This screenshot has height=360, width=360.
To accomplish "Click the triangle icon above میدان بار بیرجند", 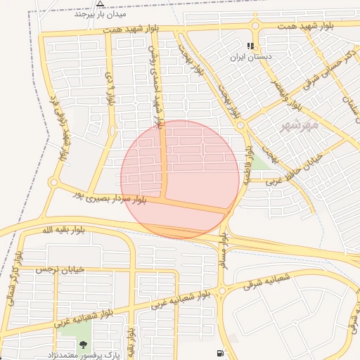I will tap(100, 4).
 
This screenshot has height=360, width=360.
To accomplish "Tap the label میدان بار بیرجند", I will tap(100, 14).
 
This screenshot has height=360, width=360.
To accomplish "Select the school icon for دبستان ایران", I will tap(251, 46).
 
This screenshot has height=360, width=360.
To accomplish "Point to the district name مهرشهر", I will tap(300, 125).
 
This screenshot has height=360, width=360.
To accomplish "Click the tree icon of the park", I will tap(84, 345).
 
